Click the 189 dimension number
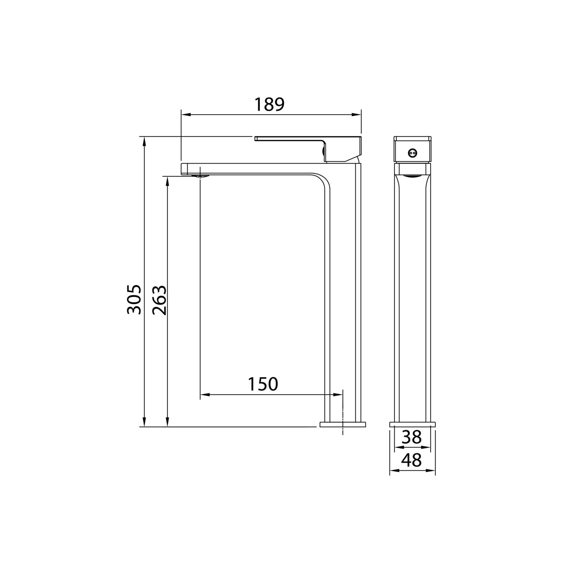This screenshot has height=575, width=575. [x=270, y=105]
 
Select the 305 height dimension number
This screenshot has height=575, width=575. [x=134, y=299]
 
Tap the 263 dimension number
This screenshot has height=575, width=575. [x=159, y=300]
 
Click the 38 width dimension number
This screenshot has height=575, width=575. [x=412, y=437]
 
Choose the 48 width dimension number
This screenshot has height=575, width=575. [x=412, y=460]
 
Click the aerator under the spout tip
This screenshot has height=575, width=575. [x=200, y=176]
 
